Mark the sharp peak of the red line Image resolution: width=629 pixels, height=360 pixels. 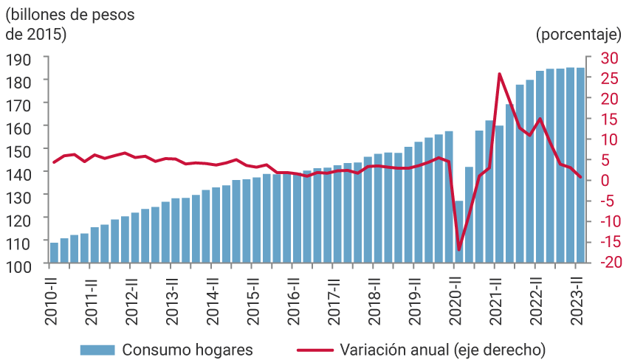pyautogui.click(x=500, y=74)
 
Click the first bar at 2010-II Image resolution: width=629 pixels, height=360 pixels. pyautogui.click(x=54, y=252)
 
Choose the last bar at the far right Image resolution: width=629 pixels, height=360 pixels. pyautogui.click(x=580, y=165)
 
